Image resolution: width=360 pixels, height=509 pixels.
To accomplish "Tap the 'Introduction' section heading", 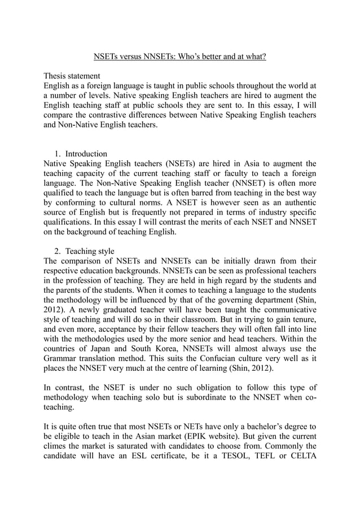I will (x=86, y=153).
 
